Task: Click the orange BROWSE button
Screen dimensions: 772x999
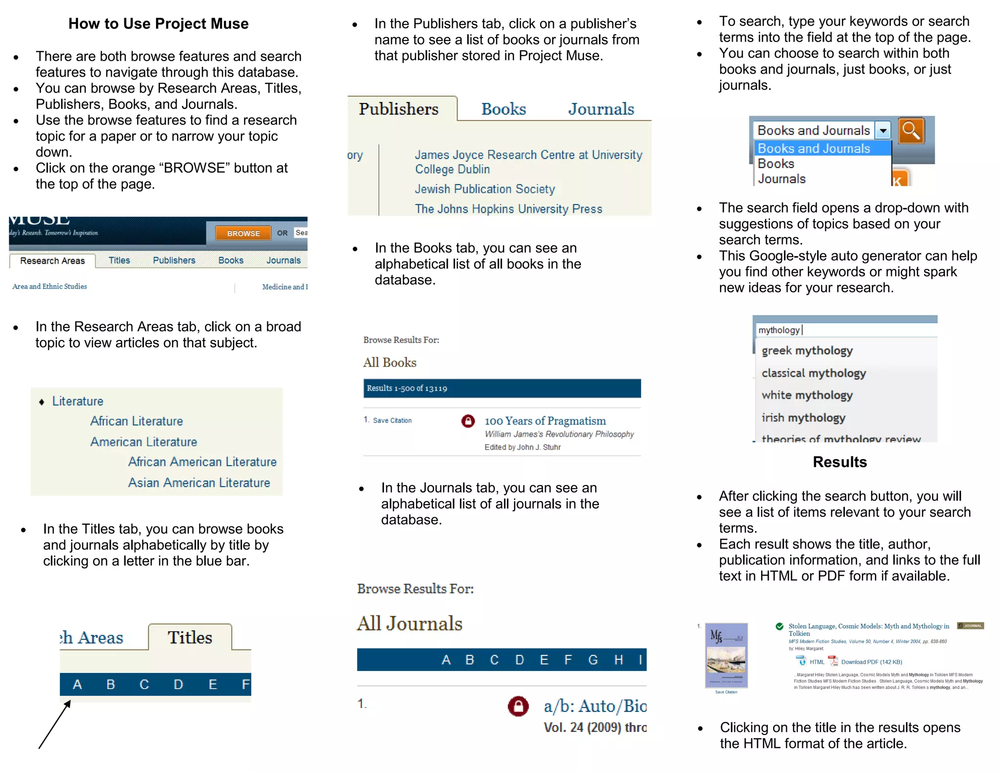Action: (243, 233)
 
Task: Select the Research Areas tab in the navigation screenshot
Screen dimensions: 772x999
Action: (52, 261)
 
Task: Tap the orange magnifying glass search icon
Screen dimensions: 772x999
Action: (911, 130)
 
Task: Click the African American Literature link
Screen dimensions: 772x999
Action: (202, 462)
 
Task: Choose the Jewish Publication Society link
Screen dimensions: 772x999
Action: (484, 189)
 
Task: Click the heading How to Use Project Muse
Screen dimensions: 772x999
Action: (158, 23)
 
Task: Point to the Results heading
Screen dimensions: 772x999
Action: (839, 462)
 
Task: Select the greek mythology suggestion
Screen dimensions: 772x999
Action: (807, 350)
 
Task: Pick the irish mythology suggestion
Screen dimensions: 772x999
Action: (803, 418)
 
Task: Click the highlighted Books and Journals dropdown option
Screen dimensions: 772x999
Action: (814, 148)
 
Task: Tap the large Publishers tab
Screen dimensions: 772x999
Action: (399, 109)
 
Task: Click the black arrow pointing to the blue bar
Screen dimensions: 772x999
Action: (55, 724)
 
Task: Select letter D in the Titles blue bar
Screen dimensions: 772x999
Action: (178, 684)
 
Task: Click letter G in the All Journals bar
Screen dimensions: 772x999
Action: (593, 660)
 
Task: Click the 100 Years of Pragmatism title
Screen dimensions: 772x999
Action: (545, 421)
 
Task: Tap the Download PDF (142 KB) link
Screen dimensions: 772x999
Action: (871, 662)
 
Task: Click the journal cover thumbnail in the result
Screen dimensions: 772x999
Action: (726, 655)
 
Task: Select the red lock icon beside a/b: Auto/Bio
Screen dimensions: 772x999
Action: (518, 706)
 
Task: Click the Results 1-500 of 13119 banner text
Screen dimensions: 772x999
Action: (407, 388)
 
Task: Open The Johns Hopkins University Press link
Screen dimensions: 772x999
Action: (508, 209)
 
